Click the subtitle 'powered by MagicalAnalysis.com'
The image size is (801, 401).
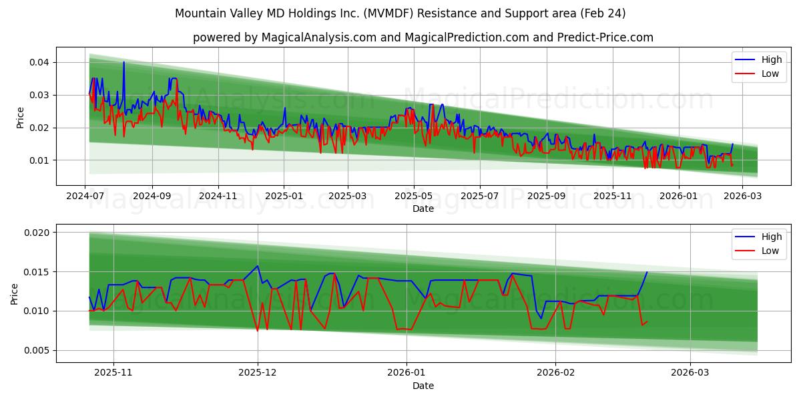click(423, 37)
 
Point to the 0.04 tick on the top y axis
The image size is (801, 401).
click(39, 62)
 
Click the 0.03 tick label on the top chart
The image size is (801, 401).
click(39, 95)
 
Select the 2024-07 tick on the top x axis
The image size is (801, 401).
click(85, 196)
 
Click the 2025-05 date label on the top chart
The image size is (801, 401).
click(414, 196)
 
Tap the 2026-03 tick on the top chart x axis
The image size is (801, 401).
click(742, 196)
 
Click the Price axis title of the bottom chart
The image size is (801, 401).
click(15, 293)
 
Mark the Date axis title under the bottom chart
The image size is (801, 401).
click(423, 386)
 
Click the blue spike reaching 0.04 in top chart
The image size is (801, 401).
click(123, 62)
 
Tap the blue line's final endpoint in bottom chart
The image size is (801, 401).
click(647, 272)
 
